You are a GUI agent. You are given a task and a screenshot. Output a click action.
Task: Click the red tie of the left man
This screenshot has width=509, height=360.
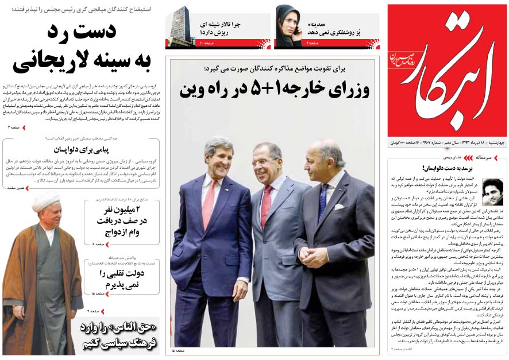coord(210,202)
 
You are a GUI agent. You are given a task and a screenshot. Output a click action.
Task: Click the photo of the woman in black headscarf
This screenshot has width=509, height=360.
coord(288,26)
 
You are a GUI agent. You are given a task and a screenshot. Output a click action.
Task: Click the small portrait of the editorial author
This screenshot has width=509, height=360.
coord(492,191)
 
